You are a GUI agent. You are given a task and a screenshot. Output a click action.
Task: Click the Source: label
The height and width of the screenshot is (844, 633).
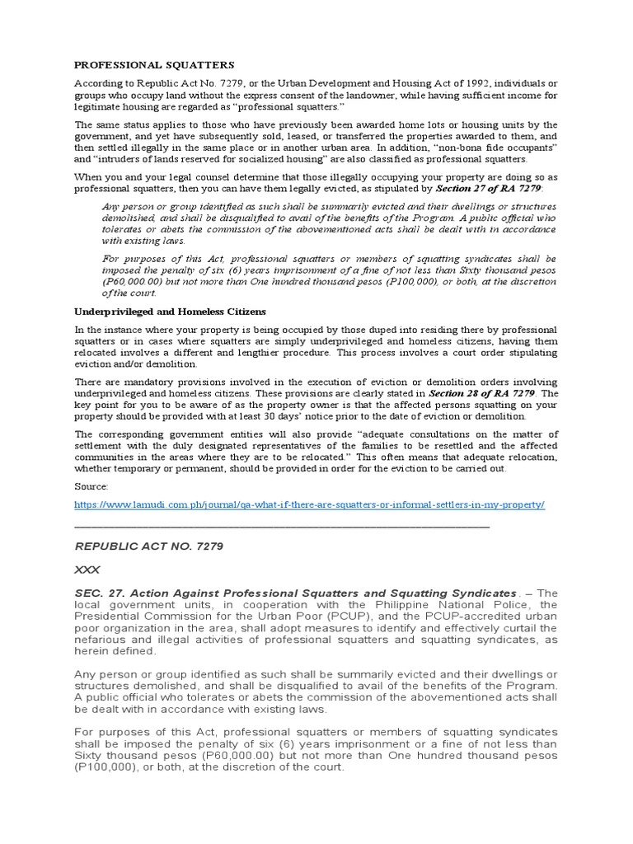click(91, 486)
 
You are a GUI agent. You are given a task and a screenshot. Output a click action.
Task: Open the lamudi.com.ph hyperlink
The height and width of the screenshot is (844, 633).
click(309, 504)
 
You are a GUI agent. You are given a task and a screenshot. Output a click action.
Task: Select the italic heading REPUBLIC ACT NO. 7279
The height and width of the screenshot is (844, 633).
click(149, 546)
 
